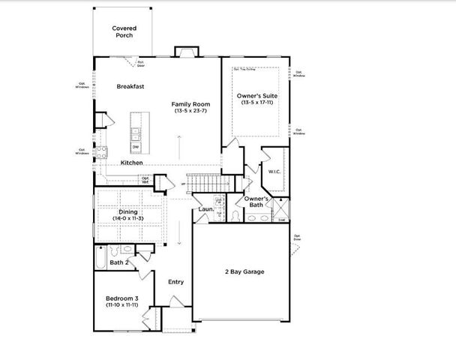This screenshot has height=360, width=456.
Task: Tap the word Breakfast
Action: point(130,86)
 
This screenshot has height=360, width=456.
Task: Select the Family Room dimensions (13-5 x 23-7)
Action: point(190,111)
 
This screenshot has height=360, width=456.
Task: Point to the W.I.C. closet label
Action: point(274,172)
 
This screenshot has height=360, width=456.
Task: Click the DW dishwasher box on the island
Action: point(136,147)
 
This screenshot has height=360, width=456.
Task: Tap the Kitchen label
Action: point(132,163)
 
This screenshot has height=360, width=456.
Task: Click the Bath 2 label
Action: point(119,262)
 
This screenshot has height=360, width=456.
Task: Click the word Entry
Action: point(175,282)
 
